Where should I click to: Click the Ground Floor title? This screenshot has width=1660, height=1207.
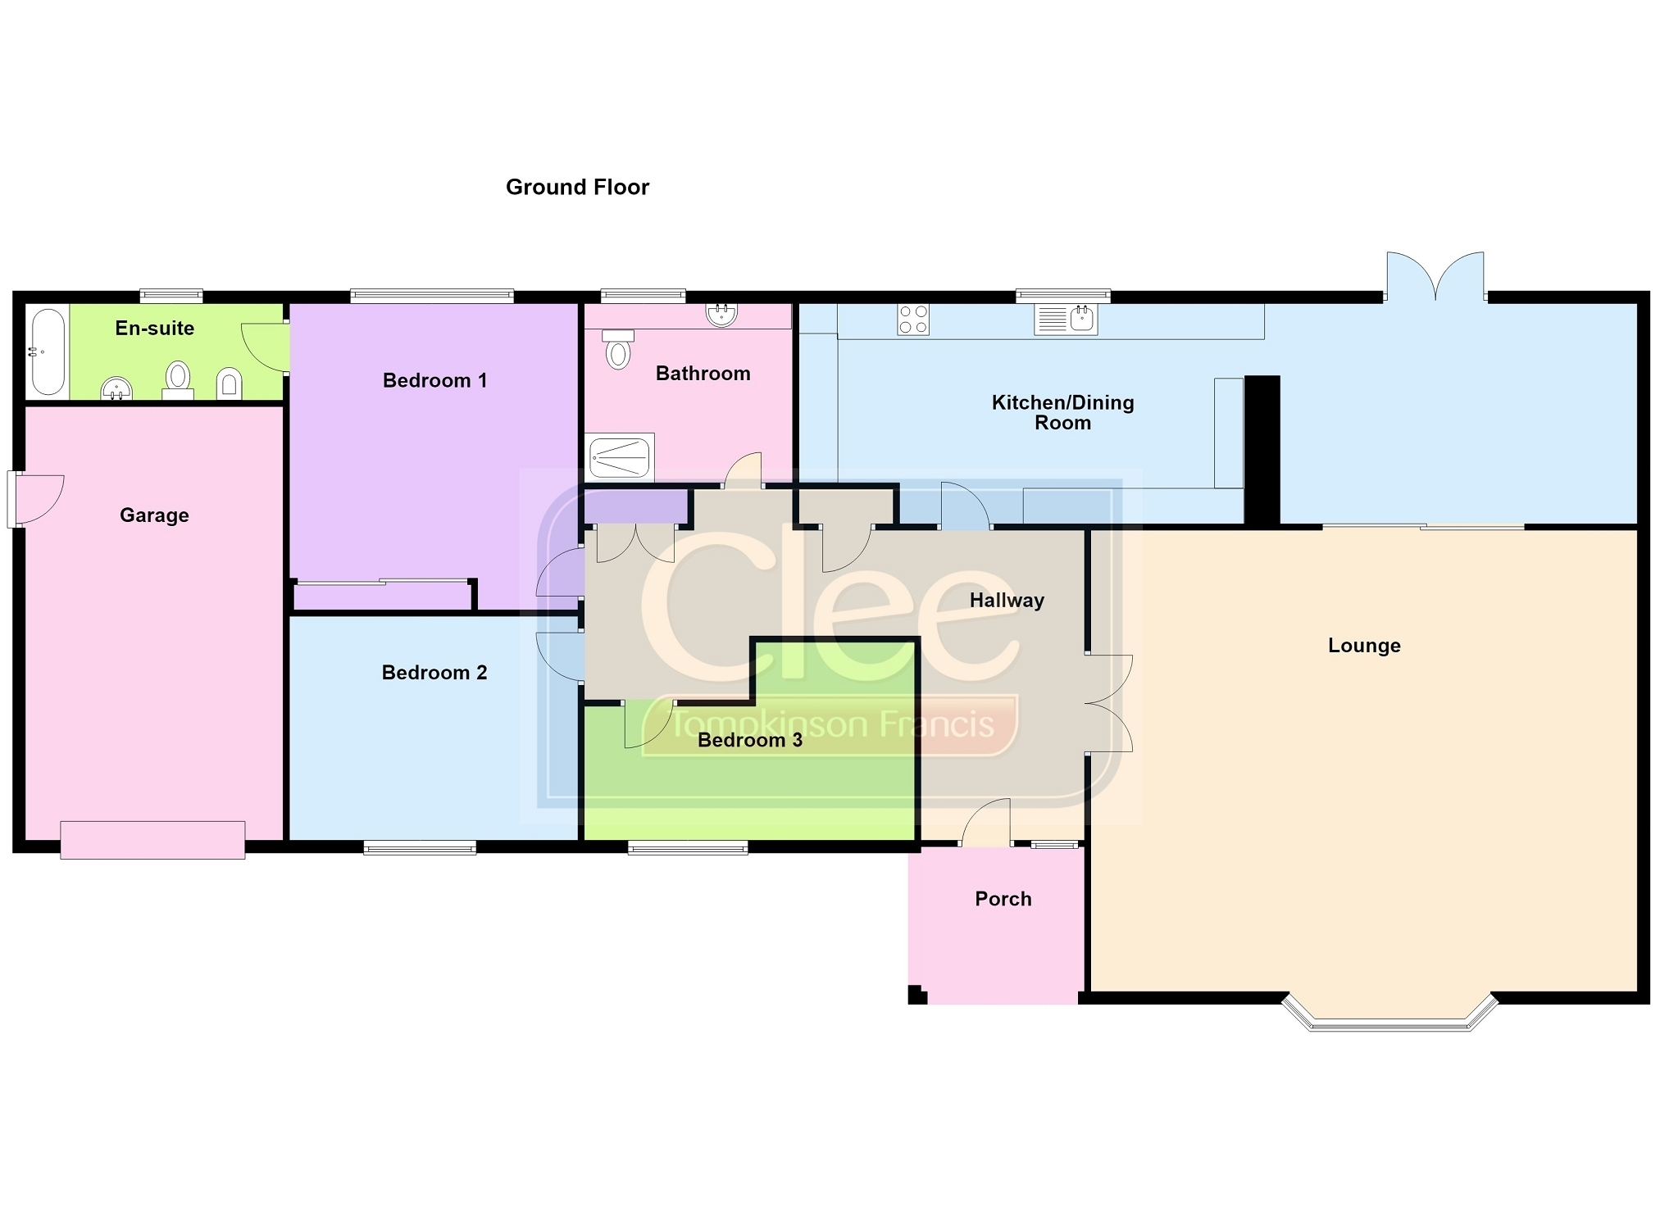click(x=577, y=188)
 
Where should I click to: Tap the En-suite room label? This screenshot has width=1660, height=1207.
click(x=155, y=329)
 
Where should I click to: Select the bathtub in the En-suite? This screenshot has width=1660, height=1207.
click(x=48, y=352)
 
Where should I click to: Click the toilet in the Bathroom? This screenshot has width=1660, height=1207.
click(x=618, y=349)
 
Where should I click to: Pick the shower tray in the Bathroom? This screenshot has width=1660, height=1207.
click(x=621, y=456)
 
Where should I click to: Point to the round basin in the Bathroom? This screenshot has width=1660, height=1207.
click(x=721, y=315)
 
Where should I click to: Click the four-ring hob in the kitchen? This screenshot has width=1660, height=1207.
click(x=913, y=320)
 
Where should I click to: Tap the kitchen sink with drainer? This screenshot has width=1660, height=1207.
click(x=1065, y=320)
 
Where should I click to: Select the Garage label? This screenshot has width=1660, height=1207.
click(x=154, y=515)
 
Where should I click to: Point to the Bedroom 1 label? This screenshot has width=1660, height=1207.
click(x=434, y=380)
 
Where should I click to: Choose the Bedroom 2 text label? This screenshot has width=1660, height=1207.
click(x=434, y=673)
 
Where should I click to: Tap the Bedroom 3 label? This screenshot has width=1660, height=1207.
click(x=750, y=741)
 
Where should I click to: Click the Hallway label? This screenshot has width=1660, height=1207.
click(x=1007, y=601)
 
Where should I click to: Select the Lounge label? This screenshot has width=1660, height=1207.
click(x=1364, y=646)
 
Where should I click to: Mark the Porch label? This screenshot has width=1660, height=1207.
click(x=1003, y=899)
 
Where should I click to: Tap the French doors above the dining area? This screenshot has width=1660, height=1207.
click(x=1435, y=277)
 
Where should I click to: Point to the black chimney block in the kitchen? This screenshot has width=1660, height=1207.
click(x=1262, y=450)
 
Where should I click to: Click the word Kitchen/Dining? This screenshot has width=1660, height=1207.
click(x=1063, y=403)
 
